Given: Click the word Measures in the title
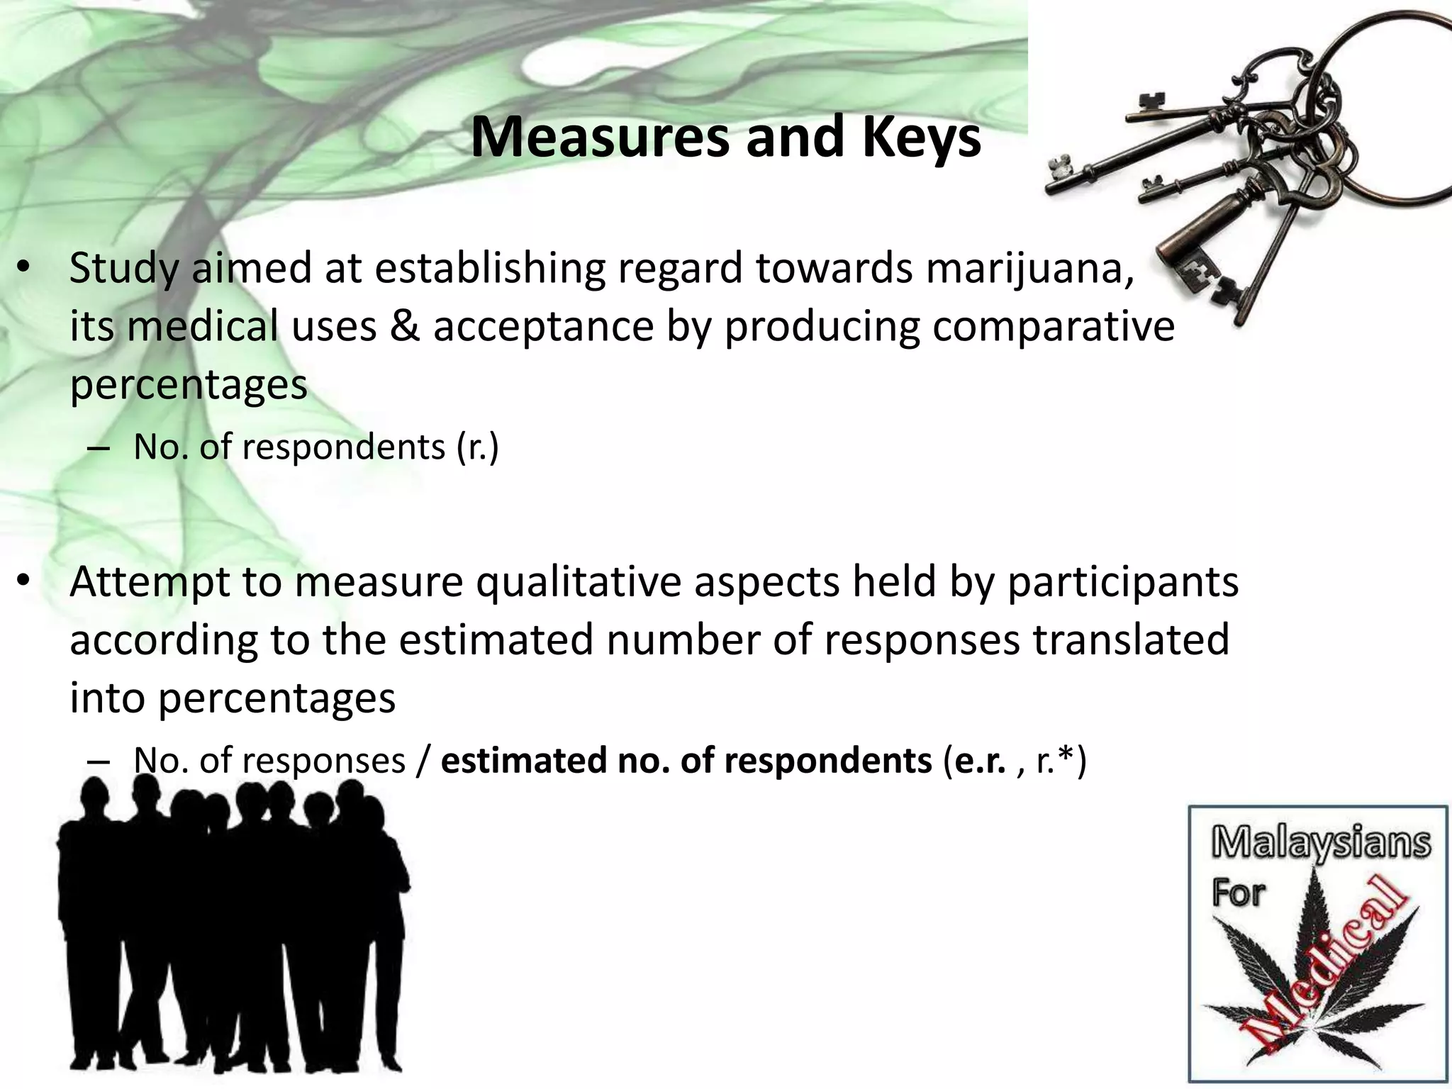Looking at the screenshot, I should tap(599, 138).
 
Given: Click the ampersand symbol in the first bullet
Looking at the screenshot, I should tap(404, 327).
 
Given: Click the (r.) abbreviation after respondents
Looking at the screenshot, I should tap(478, 447).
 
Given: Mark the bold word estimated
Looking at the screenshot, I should tap(524, 761).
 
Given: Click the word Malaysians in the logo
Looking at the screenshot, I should tap(1320, 844).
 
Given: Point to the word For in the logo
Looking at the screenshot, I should tap(1238, 893).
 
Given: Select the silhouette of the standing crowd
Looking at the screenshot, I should tap(234, 922).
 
